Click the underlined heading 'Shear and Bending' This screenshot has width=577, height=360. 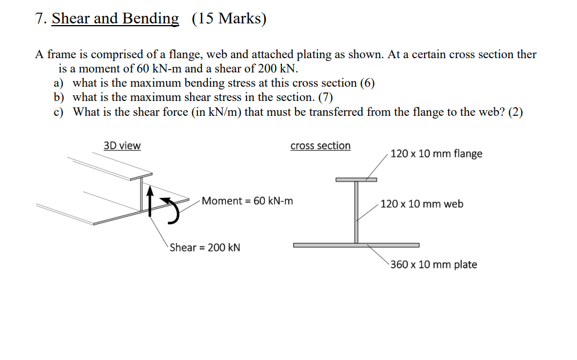tap(115, 19)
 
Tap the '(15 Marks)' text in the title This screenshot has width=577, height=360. tap(229, 19)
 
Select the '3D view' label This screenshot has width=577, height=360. tap(122, 145)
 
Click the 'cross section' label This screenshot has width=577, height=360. tap(320, 145)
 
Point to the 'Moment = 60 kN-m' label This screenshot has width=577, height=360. tap(247, 201)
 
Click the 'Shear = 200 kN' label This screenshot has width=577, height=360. tap(205, 248)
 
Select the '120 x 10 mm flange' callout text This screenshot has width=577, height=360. tap(436, 153)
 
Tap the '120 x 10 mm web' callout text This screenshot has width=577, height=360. tap(422, 204)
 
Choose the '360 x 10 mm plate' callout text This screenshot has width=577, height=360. tap(434, 265)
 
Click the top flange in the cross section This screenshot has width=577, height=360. tap(356, 180)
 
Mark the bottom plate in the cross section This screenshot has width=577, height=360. tap(356, 245)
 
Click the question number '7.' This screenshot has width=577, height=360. tap(40, 19)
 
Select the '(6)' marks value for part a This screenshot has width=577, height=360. tap(367, 83)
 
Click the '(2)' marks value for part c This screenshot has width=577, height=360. tap(515, 112)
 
